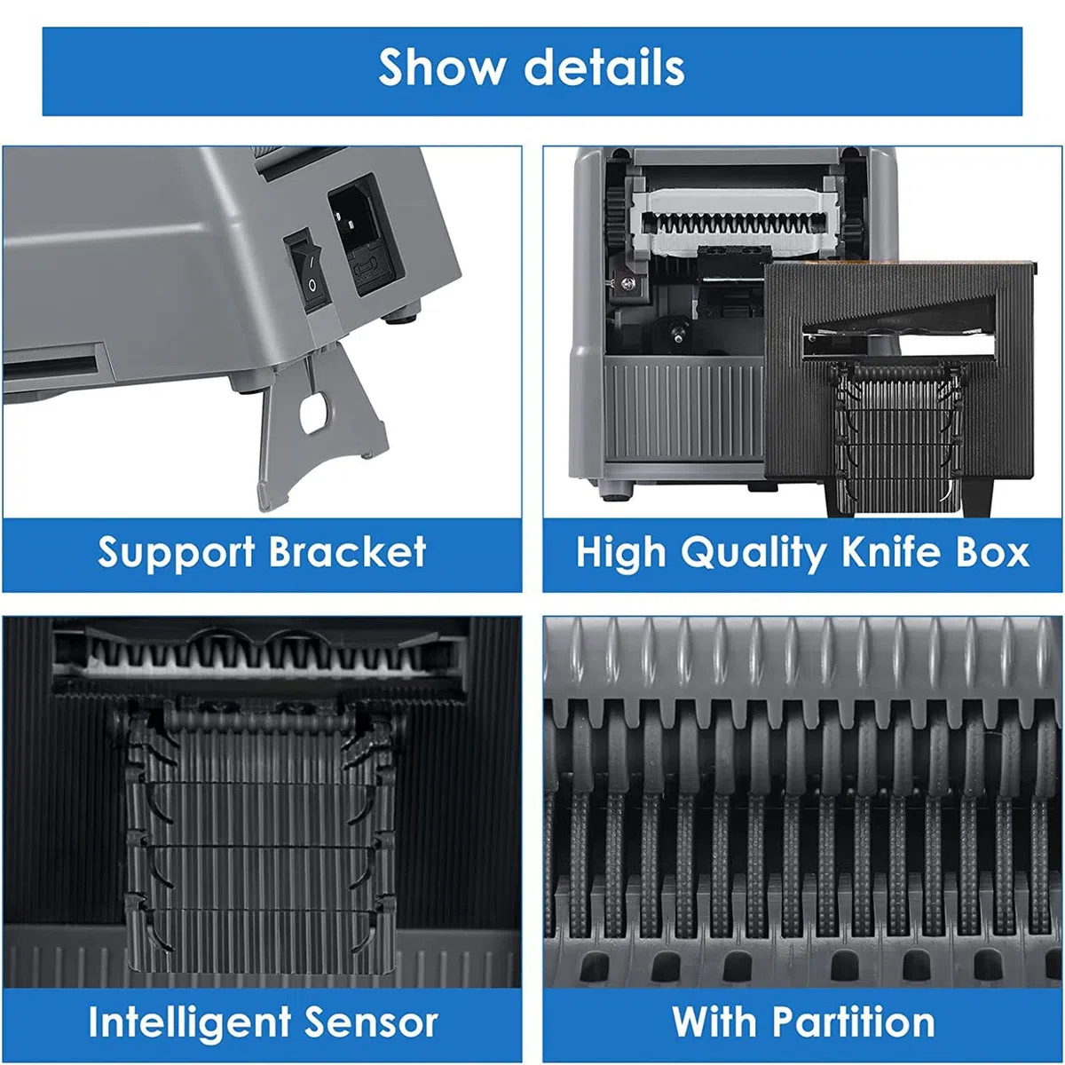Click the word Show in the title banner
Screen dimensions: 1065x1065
point(442,67)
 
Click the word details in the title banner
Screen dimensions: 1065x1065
point(604,67)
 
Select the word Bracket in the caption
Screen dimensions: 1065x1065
point(348,552)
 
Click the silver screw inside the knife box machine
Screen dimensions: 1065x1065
point(628,283)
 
